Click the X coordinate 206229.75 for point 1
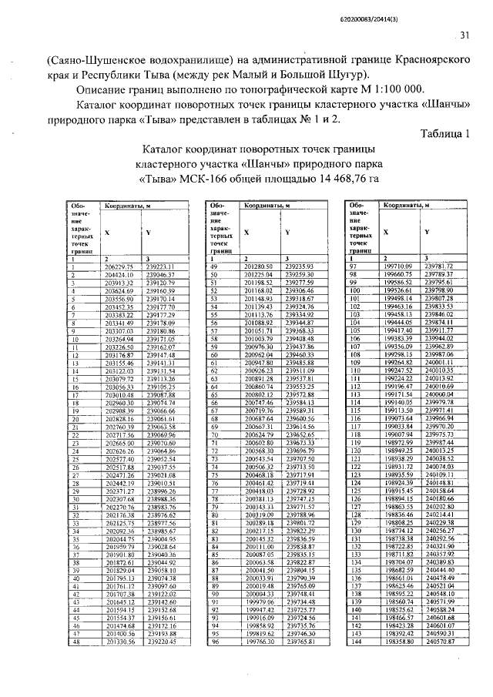(119, 266)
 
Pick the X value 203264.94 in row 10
(119, 337)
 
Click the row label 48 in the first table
(77, 641)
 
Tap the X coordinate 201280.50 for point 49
(259, 266)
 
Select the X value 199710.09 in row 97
(398, 266)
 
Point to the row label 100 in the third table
(356, 290)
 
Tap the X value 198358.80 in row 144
(398, 641)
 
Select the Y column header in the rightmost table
(426, 232)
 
